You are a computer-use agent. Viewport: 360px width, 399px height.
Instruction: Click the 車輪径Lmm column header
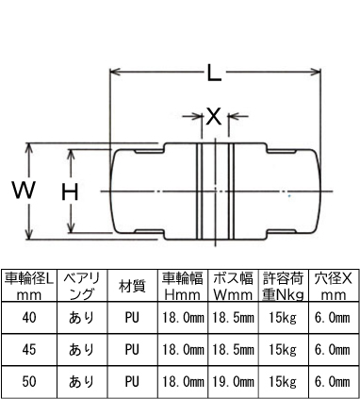coord(29,286)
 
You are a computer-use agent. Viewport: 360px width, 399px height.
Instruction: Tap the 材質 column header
coord(131,286)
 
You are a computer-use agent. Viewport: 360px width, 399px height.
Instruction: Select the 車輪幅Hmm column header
coord(182,286)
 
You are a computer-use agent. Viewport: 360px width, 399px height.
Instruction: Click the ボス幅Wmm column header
coord(233,286)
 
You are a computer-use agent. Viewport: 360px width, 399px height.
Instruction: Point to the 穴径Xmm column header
coord(334,286)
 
